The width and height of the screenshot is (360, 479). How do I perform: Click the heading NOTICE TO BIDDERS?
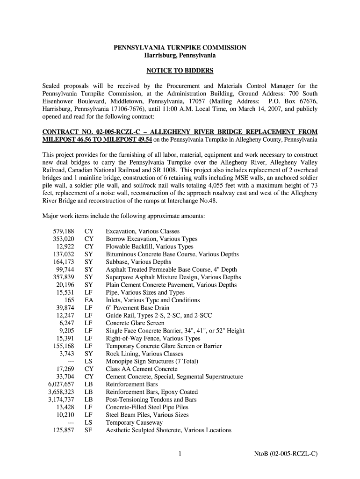[180, 71]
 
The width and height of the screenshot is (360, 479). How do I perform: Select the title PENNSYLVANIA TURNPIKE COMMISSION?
[180, 48]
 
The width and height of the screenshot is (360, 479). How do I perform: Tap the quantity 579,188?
[64, 232]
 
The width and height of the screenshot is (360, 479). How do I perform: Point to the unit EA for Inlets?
[88, 300]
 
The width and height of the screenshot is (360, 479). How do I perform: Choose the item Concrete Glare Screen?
[135, 323]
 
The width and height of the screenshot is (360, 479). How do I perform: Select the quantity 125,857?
[64, 430]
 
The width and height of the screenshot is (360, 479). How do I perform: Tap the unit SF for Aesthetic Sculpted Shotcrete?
[88, 430]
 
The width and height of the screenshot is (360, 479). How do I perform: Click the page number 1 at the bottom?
[180, 453]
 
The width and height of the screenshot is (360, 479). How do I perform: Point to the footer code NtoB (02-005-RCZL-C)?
[286, 453]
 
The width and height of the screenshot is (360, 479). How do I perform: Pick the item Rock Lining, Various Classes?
[144, 354]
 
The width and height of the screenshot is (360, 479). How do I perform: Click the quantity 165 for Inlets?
[69, 300]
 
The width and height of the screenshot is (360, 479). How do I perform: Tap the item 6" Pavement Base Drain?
[137, 308]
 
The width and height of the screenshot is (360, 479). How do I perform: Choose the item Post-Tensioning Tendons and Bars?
[151, 400]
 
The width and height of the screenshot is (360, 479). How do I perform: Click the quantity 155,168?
[64, 346]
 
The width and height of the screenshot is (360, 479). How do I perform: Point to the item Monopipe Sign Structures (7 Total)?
[152, 362]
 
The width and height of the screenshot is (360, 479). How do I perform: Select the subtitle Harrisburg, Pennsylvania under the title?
[180, 55]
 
